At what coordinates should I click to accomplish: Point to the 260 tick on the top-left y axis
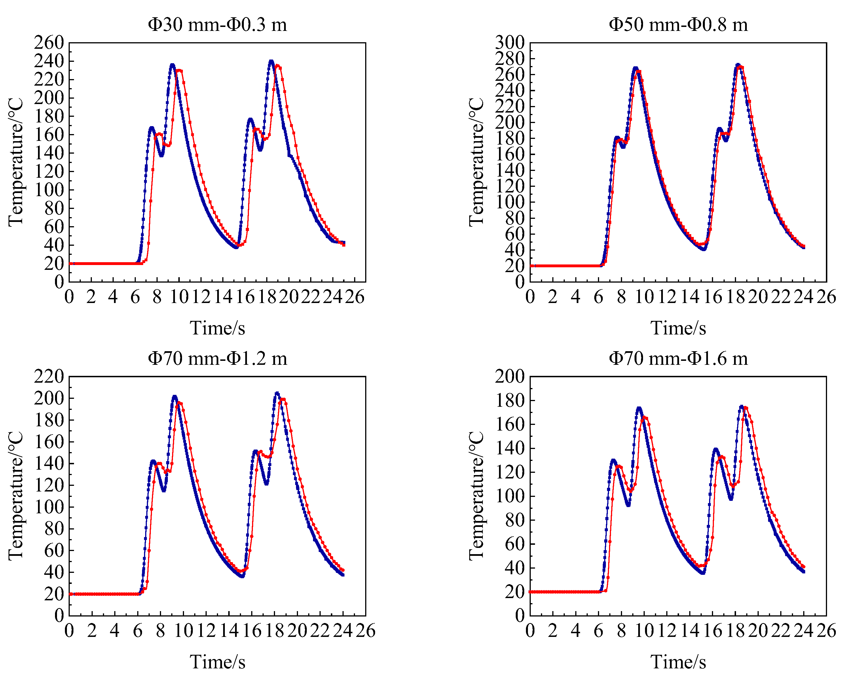(x=49, y=43)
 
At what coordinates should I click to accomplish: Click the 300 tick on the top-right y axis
(x=509, y=43)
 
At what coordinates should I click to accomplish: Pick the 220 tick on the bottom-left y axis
(x=49, y=376)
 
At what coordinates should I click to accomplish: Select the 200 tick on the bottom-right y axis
(x=509, y=376)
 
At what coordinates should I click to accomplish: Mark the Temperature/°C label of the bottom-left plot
(x=16, y=496)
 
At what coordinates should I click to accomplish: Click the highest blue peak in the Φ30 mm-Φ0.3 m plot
(x=271, y=61)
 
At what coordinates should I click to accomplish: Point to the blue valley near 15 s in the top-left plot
(x=236, y=247)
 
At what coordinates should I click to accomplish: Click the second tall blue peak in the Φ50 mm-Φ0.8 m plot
(x=738, y=64)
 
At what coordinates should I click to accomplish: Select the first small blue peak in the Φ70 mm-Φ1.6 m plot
(x=613, y=460)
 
